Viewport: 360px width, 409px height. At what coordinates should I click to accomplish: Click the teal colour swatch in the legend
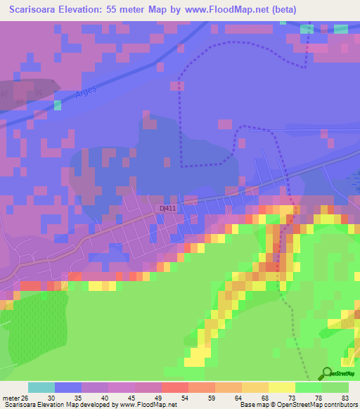point(41,387)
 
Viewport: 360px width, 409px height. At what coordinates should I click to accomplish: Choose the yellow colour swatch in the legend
point(282,387)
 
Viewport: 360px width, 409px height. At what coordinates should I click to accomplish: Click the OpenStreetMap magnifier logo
point(326,373)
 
